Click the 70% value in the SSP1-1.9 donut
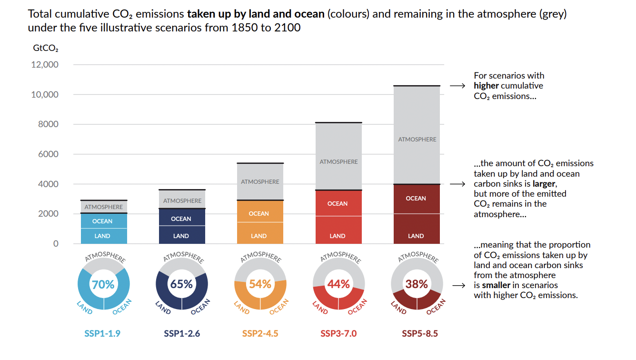[x=103, y=284]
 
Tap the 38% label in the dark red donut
[x=417, y=284]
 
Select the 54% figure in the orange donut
[x=260, y=284]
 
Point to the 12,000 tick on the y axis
[x=45, y=65]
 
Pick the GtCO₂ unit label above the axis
[x=46, y=48]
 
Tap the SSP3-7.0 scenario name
[x=338, y=333]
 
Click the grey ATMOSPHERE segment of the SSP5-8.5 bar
[x=417, y=139]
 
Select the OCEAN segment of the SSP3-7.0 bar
[x=338, y=203]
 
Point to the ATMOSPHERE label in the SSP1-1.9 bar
[x=103, y=207]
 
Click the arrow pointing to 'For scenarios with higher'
[x=457, y=86]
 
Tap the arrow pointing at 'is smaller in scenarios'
[x=457, y=286]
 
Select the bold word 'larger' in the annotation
[x=543, y=184]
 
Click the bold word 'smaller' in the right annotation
[x=497, y=285]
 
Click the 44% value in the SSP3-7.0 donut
[x=338, y=284]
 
